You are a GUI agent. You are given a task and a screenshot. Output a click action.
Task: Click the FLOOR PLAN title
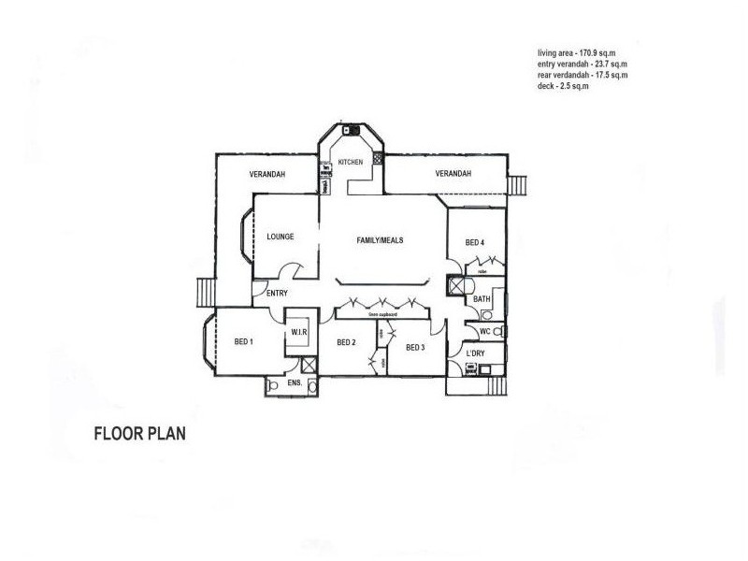coord(140,434)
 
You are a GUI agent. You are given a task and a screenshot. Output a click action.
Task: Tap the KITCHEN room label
coord(350,163)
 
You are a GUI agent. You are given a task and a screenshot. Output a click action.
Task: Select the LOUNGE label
coord(280,237)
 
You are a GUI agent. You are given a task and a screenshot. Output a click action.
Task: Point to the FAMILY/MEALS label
coord(380,240)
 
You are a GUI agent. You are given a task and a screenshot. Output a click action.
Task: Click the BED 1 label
coord(244,341)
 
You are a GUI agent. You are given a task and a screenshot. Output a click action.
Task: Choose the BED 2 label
coord(347,342)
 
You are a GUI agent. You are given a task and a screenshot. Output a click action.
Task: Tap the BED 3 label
coord(416,347)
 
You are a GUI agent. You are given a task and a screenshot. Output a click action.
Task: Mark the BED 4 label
coord(475,243)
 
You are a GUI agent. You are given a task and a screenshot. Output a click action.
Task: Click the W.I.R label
coord(300,332)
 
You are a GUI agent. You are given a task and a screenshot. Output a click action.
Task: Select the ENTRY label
coord(277,294)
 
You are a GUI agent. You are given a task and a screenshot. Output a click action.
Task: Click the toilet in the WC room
coord(497,331)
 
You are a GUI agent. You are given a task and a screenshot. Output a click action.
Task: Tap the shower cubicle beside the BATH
coord(457,287)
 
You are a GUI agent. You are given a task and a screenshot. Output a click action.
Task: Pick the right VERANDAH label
coord(453,174)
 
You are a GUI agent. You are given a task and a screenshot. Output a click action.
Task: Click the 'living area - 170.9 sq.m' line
coord(582,53)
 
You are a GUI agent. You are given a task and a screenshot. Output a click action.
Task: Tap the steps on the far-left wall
coord(205,293)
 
